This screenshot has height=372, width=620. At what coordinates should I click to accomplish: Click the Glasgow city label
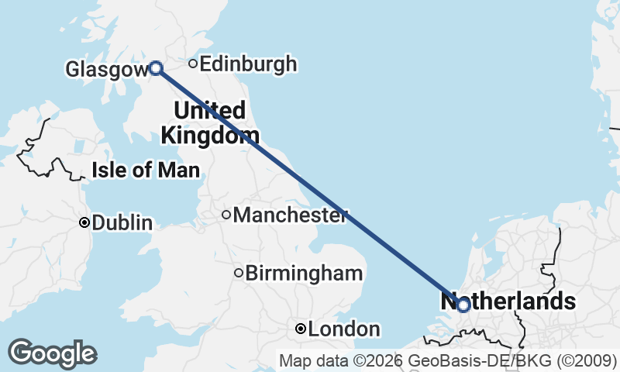click(106, 70)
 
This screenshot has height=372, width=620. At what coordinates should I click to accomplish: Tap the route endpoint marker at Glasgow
click(156, 68)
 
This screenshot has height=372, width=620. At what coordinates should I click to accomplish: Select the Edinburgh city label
click(248, 64)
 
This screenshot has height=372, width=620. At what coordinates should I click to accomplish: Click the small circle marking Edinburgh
click(194, 64)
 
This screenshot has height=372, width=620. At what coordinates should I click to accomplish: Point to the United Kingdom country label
click(210, 122)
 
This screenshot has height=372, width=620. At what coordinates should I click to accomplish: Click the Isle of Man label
click(146, 170)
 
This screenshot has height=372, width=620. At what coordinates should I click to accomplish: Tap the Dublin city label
click(122, 223)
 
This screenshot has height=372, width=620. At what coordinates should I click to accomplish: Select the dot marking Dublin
click(84, 222)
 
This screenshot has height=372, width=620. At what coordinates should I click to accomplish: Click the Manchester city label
click(290, 215)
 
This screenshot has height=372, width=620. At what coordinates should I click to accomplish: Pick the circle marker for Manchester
click(226, 215)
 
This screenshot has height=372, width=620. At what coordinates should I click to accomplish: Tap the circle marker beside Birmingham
click(239, 273)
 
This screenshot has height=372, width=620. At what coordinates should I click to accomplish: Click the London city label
click(344, 329)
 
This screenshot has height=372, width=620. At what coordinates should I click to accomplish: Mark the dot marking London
click(301, 329)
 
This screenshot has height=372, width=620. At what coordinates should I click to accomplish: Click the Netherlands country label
click(508, 301)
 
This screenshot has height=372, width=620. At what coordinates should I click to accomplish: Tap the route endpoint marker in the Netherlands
click(463, 305)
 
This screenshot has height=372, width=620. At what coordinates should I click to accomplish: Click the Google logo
click(52, 353)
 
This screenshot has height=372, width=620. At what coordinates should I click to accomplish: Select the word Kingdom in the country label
click(210, 136)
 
